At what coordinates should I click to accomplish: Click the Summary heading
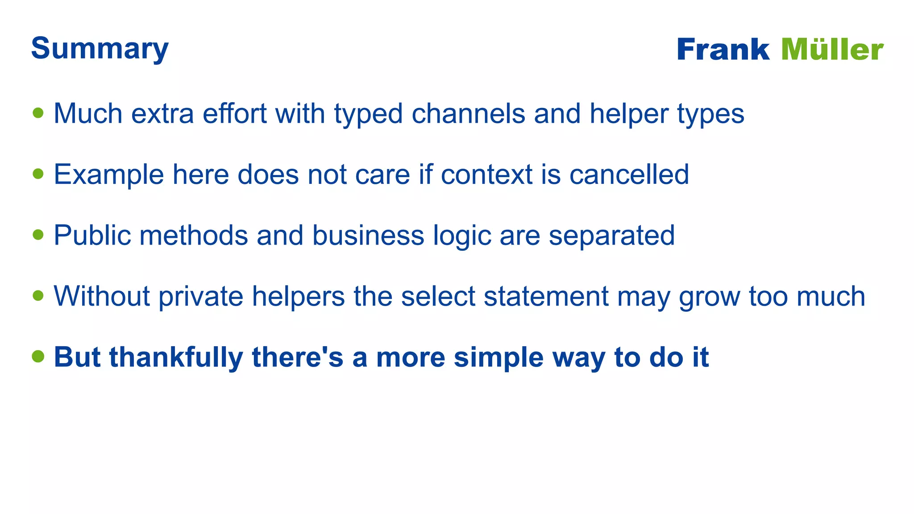click(x=100, y=48)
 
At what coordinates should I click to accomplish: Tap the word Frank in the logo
click(x=723, y=49)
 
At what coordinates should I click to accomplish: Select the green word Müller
click(x=832, y=49)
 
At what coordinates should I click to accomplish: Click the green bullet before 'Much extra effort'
click(x=38, y=113)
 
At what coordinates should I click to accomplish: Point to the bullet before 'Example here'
click(x=38, y=174)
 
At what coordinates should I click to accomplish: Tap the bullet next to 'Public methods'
click(x=38, y=235)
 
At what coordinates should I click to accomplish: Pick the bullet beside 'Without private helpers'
click(x=38, y=295)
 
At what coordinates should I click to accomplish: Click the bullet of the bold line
click(x=38, y=356)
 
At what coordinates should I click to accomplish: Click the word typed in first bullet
click(x=368, y=114)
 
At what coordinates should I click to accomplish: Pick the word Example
click(x=108, y=174)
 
